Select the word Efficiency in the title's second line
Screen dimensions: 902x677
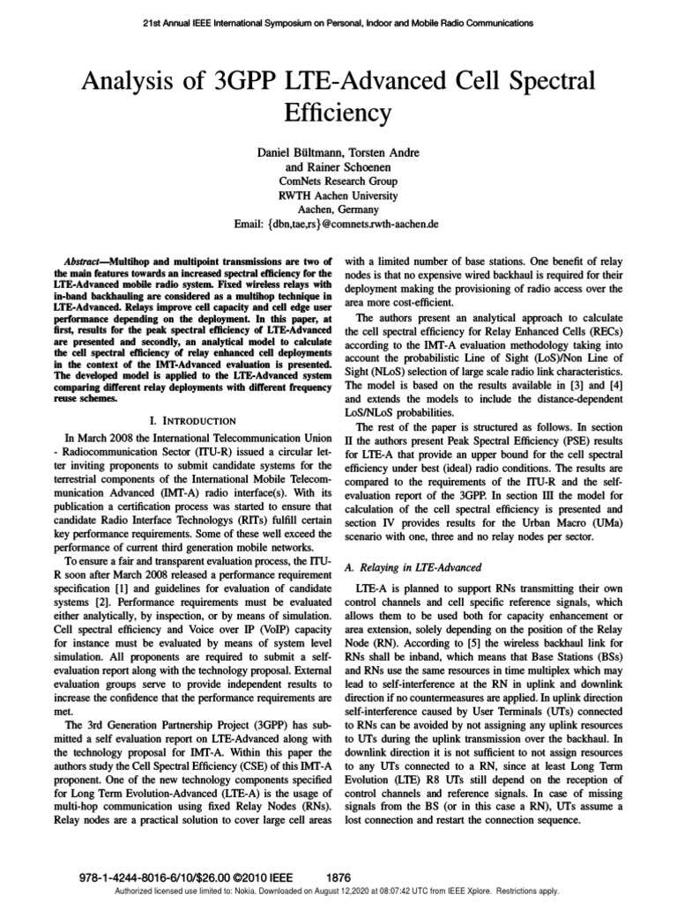(x=338, y=114)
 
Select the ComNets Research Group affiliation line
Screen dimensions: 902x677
(x=338, y=181)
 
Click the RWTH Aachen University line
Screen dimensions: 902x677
(x=338, y=196)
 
